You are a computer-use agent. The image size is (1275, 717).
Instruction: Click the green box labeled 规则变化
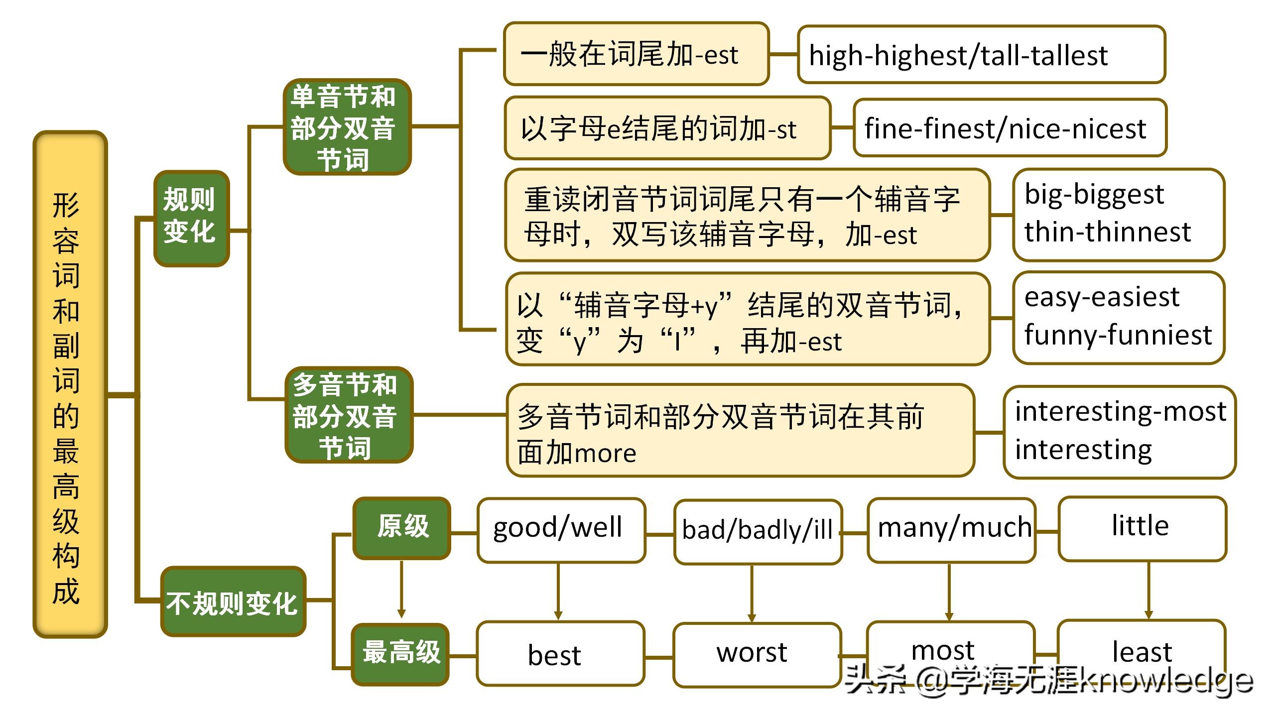pyautogui.click(x=191, y=218)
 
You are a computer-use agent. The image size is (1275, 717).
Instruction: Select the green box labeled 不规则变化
pyautogui.click(x=233, y=601)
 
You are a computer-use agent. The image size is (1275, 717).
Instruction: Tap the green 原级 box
pyautogui.click(x=401, y=528)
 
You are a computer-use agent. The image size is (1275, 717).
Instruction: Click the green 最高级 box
pyautogui.click(x=400, y=654)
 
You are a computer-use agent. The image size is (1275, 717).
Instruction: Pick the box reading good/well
pyautogui.click(x=561, y=530)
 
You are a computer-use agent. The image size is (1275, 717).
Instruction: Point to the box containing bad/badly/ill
pyautogui.click(x=757, y=531)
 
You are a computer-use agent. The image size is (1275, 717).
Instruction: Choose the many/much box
pyautogui.click(x=951, y=530)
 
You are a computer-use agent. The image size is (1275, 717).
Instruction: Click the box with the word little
pyautogui.click(x=1142, y=528)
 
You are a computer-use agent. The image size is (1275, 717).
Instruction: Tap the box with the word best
pyautogui.click(x=560, y=654)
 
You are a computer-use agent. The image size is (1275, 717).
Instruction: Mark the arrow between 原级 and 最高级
pyautogui.click(x=401, y=590)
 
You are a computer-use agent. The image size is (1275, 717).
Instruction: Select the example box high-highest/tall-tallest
pyautogui.click(x=981, y=54)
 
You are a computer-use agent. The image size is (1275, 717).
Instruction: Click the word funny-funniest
pyautogui.click(x=1118, y=335)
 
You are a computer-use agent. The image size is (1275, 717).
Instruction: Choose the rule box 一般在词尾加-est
pyautogui.click(x=636, y=54)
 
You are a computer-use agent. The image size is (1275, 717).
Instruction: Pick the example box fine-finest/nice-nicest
pyautogui.click(x=1009, y=128)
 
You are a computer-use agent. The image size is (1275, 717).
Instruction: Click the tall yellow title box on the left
pyautogui.click(x=70, y=384)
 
